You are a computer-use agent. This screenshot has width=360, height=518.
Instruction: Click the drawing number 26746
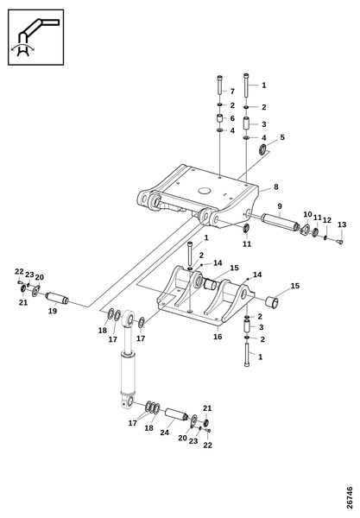[x=350, y=497]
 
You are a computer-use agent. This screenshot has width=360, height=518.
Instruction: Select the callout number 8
[x=275, y=186]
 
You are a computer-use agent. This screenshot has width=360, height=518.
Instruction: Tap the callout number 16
[x=218, y=337]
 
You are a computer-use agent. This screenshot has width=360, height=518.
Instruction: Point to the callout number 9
[x=280, y=206]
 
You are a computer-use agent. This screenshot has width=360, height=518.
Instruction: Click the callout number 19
[x=53, y=311]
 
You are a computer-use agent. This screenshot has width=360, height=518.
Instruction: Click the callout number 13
[x=342, y=224]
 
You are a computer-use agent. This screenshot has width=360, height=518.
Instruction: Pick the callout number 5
[x=282, y=137]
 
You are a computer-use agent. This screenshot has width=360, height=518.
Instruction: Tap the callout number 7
[x=232, y=92]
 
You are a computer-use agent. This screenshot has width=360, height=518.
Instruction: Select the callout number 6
[x=232, y=118]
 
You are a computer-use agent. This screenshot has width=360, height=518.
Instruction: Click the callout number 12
[x=326, y=220]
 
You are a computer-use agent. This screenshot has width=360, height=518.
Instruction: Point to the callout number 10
[x=307, y=214]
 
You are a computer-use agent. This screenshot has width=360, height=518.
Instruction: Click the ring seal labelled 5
[x=263, y=149]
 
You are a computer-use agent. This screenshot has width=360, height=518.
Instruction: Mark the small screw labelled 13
[x=340, y=242]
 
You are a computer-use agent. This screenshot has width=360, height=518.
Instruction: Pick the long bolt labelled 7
[x=220, y=85]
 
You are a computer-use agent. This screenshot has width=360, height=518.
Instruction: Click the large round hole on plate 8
[x=205, y=191]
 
